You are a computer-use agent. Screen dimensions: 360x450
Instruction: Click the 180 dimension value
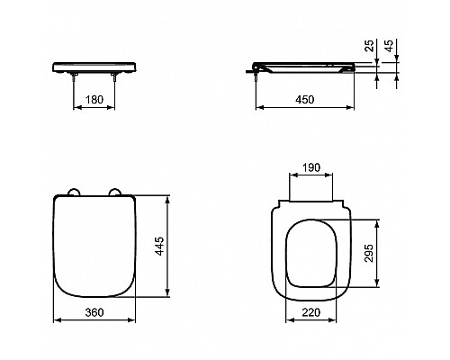94,100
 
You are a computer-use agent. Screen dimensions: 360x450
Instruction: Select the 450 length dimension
306,100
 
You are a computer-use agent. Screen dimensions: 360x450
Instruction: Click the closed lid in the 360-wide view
94,247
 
